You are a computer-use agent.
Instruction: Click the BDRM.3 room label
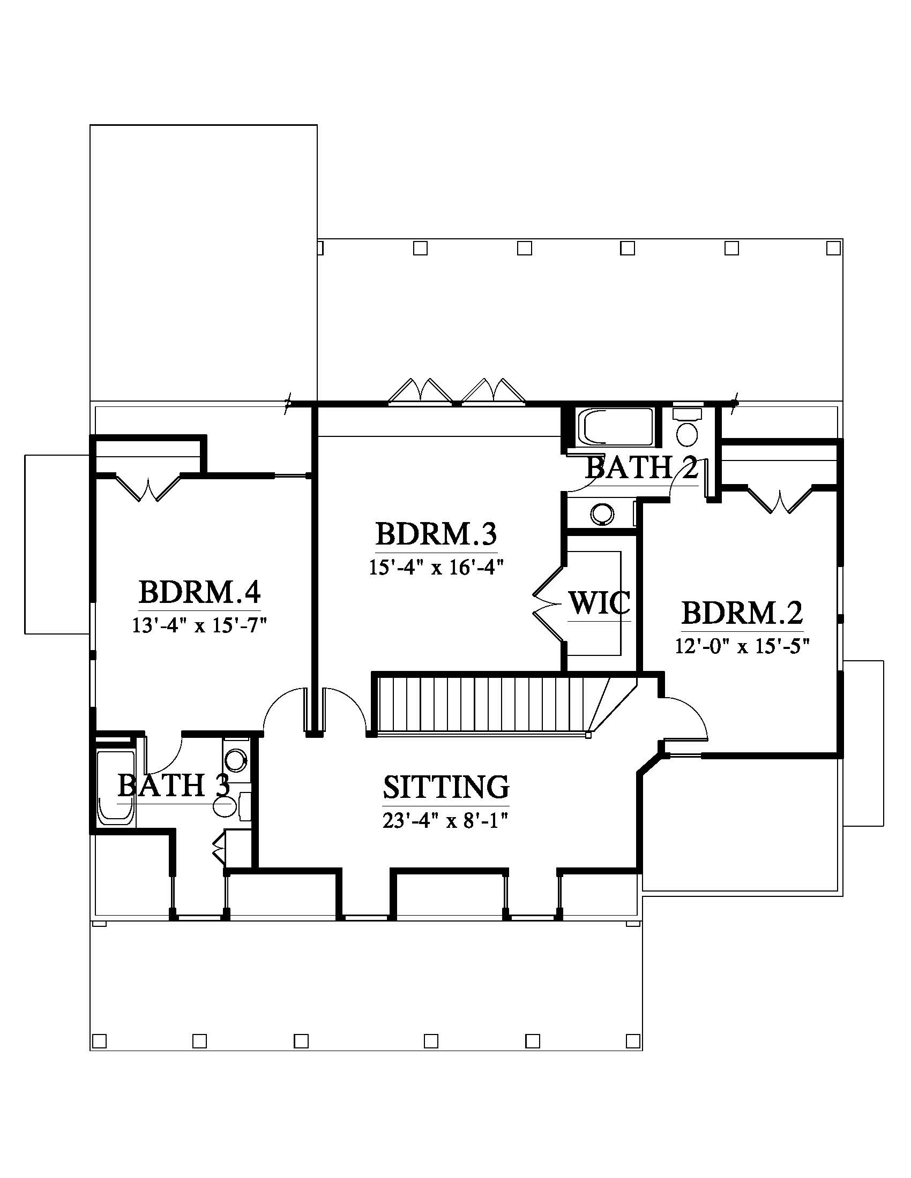[x=436, y=534]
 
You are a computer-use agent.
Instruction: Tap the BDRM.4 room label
[x=200, y=592]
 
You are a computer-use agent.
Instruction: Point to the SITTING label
[x=446, y=787]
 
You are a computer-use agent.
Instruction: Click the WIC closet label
[x=599, y=602]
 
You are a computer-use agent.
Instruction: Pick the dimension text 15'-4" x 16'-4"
[x=436, y=568]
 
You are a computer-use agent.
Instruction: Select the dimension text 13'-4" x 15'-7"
[x=200, y=625]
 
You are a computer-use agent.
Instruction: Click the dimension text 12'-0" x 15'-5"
[x=743, y=646]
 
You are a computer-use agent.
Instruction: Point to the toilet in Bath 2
[x=687, y=428]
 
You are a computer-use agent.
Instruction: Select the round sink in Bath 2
[x=602, y=514]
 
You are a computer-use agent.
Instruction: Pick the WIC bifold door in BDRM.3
[x=548, y=603]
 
